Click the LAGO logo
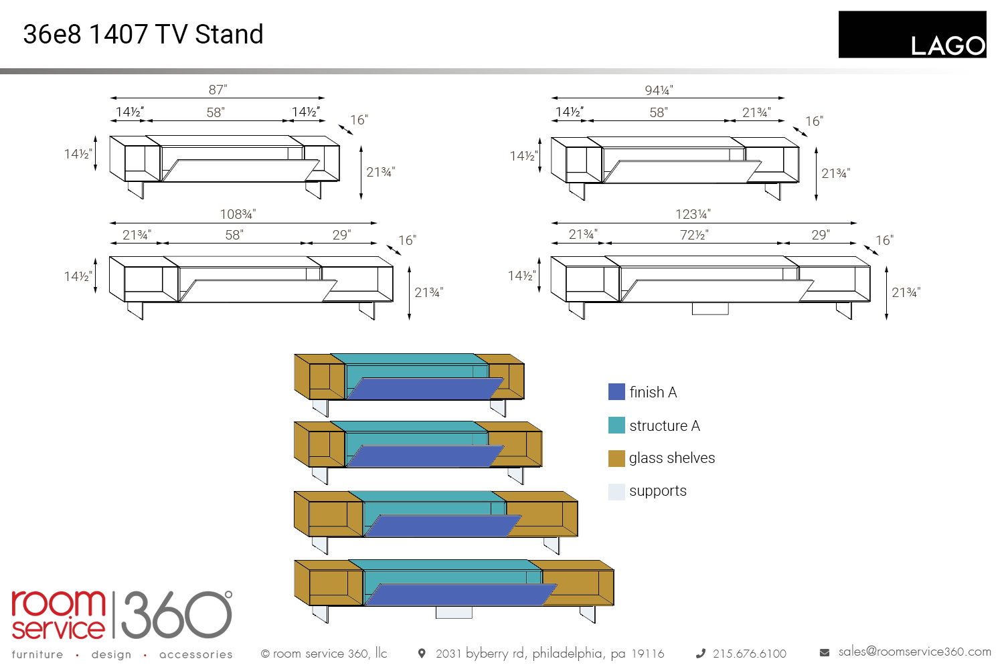pyautogui.click(x=912, y=35)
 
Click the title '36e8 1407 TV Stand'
pyautogui.click(x=143, y=34)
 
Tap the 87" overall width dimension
pyautogui.click(x=218, y=90)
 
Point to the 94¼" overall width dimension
pyautogui.click(x=659, y=90)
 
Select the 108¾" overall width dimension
pyautogui.click(x=238, y=214)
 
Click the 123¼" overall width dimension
pyautogui.click(x=693, y=214)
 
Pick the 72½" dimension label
pyautogui.click(x=694, y=235)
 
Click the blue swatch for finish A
pyautogui.click(x=616, y=392)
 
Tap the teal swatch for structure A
pyautogui.click(x=616, y=425)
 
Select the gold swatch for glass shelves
pyautogui.click(x=616, y=458)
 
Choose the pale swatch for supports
pyautogui.click(x=616, y=492)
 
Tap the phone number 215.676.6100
pyautogui.click(x=749, y=654)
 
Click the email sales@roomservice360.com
pyautogui.click(x=914, y=652)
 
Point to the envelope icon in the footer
pyautogui.click(x=825, y=652)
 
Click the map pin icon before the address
pyautogui.click(x=422, y=653)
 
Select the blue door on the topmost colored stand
pyautogui.click(x=426, y=389)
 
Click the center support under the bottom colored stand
pyautogui.click(x=454, y=612)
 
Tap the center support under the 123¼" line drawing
pyautogui.click(x=710, y=308)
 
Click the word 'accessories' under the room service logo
pyautogui.click(x=196, y=654)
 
